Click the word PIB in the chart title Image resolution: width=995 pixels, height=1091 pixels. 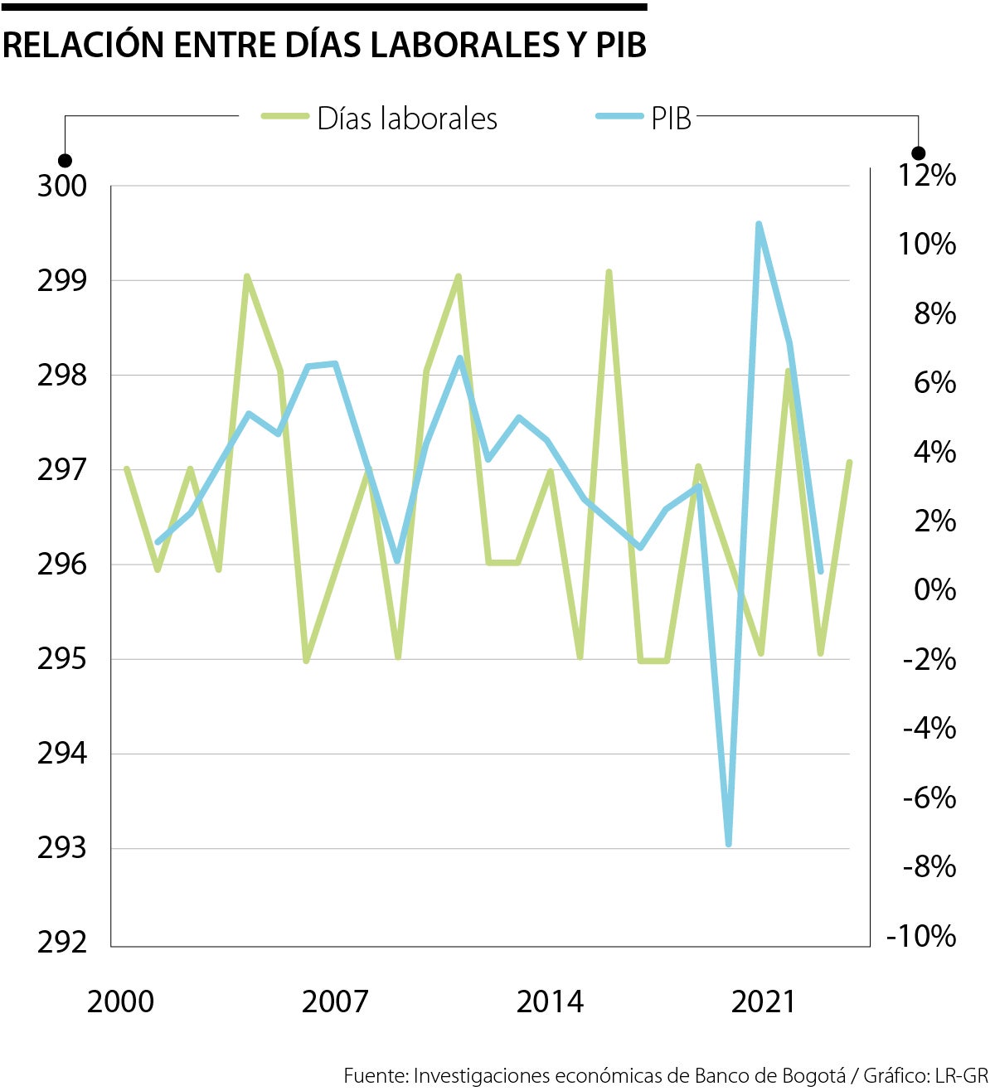621,45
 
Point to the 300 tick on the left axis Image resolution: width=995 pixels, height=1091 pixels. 62,186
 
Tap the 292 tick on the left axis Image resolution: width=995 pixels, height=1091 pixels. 62,943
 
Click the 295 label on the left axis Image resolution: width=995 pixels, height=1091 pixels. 62,659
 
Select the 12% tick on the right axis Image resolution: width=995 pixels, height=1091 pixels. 927,175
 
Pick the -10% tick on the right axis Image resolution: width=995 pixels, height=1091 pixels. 921,936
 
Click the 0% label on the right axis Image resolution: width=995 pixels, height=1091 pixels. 934,589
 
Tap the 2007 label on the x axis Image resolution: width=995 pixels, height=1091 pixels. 334,1001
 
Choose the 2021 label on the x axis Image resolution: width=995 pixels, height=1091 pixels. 764,1001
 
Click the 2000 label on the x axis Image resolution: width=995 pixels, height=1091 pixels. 120,1001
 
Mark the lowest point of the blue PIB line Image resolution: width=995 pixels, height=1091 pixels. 729,844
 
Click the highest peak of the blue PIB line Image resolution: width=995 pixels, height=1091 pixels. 759,225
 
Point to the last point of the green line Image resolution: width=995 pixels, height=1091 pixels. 849,463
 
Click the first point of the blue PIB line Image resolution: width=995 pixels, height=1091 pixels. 158,542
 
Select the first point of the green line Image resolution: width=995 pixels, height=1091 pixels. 126,469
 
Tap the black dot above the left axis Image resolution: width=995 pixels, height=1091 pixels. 65,160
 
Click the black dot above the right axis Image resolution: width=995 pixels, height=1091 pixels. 918,153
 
